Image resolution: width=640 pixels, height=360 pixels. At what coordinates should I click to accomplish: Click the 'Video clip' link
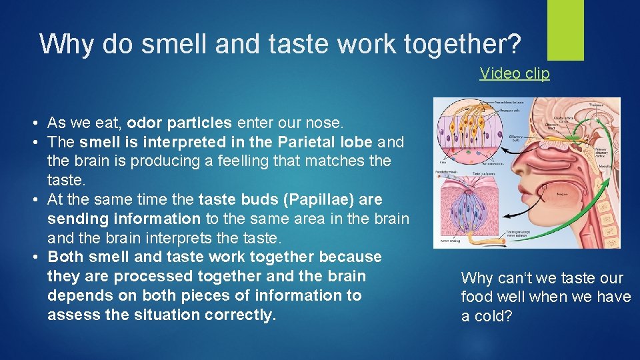tap(515, 73)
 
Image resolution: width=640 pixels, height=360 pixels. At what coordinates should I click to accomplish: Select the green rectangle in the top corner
tap(565, 29)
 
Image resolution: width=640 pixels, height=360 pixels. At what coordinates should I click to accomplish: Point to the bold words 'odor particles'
tap(179, 123)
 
